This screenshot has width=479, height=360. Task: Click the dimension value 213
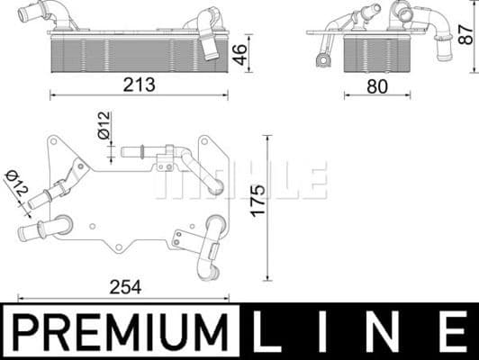tap(140, 85)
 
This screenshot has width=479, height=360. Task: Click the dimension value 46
tap(239, 53)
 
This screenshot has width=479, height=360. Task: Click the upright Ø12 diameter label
tap(104, 124)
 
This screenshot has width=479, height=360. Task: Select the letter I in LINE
tap(330, 330)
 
